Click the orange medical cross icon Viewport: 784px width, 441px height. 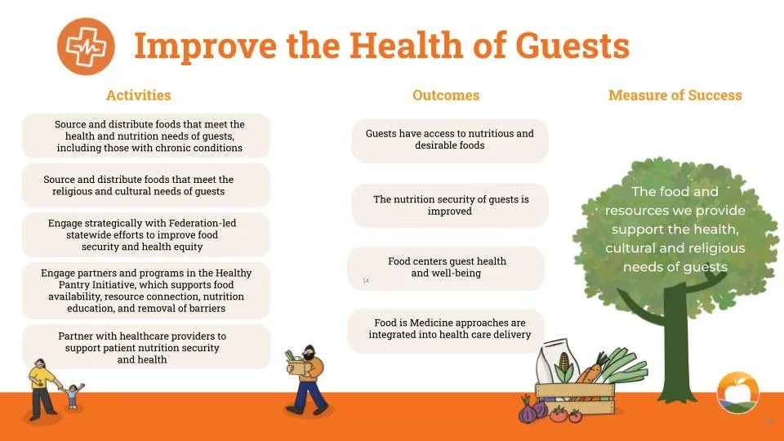[86, 47]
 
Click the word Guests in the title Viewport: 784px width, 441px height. [572, 46]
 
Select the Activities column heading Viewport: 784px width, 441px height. [139, 95]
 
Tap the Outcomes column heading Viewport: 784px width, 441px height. [446, 95]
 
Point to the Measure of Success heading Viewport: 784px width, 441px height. [675, 95]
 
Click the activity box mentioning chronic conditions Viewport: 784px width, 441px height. [146, 136]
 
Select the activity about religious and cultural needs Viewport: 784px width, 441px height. [146, 185]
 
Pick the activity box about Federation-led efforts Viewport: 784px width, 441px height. [146, 234]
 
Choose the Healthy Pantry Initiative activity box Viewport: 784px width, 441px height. [146, 291]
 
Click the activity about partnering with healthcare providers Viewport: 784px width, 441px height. [146, 347]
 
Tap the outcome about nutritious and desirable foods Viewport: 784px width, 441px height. [449, 140]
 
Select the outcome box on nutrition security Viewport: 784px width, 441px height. [449, 205]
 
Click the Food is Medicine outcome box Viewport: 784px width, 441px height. [446, 331]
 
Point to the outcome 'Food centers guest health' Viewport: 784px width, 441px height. [446, 268]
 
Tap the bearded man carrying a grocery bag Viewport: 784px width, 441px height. [306, 380]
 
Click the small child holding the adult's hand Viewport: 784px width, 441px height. [73, 395]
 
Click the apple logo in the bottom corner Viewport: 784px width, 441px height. [737, 393]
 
